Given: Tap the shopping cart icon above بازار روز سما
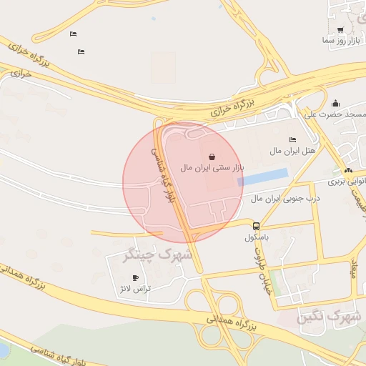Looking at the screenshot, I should tap(340, 30).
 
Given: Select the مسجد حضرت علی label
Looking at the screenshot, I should tap(335, 114).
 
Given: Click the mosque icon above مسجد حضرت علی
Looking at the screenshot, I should tap(335, 104).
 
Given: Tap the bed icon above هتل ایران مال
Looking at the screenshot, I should tap(292, 140).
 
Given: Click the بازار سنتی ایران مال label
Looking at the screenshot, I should tap(212, 167).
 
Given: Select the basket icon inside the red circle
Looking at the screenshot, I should tap(212, 156).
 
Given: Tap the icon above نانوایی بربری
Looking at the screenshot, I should tap(348, 171).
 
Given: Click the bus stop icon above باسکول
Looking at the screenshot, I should tap(256, 226).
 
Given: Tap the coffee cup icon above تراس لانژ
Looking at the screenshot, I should tap(135, 278).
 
